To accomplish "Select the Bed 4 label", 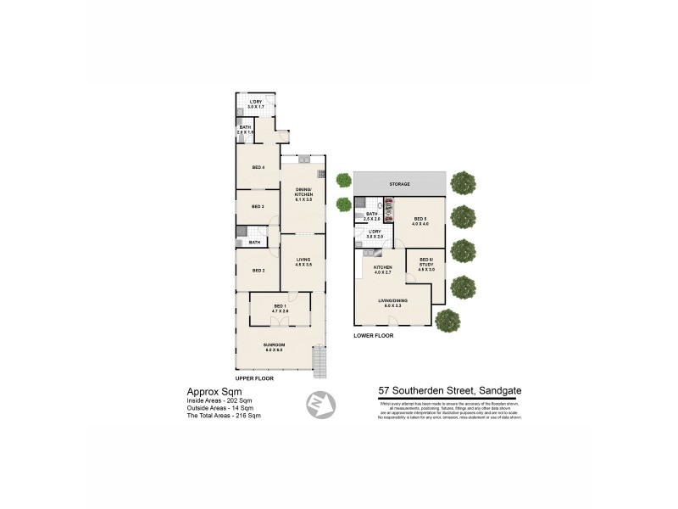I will click(x=258, y=167).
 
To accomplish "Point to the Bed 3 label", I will click(x=258, y=206).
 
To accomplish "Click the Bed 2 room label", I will click(x=258, y=271).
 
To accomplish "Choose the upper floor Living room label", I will click(x=303, y=261).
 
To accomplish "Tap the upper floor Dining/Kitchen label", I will click(x=303, y=193).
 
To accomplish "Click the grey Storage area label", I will click(x=400, y=184).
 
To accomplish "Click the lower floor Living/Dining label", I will click(x=394, y=303).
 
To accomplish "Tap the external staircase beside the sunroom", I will click(x=320, y=362).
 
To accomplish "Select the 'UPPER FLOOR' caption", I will click(x=258, y=378).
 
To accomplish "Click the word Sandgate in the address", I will click(x=497, y=392).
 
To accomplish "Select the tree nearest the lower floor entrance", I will click(x=447, y=321).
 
